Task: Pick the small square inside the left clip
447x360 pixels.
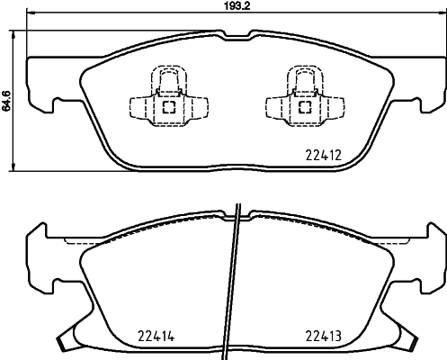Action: pyautogui.click(x=168, y=105)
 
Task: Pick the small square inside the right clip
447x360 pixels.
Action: pyautogui.click(x=303, y=105)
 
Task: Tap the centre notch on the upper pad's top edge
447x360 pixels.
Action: pyautogui.click(x=236, y=36)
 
